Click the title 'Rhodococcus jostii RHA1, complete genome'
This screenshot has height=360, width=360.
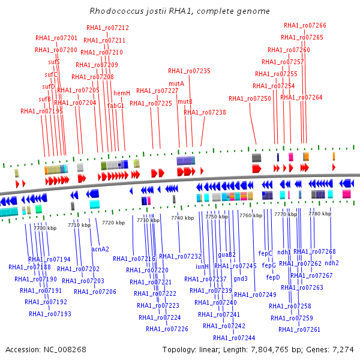(179, 11)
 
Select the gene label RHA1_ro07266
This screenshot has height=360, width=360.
(305, 25)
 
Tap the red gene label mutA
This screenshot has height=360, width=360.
(176, 83)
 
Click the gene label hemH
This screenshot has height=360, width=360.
(122, 93)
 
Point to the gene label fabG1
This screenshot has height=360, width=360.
(116, 106)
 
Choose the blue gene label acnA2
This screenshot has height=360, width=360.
(100, 248)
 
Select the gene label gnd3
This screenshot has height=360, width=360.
(241, 278)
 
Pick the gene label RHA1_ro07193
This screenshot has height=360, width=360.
(50, 314)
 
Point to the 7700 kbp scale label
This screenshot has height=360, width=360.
(44, 228)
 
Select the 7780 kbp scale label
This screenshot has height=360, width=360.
(319, 213)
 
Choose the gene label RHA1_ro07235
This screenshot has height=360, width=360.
(189, 71)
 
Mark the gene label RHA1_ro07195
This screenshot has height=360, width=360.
(41, 111)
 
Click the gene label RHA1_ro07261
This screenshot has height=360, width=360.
(299, 329)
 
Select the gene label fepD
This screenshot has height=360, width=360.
(273, 277)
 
